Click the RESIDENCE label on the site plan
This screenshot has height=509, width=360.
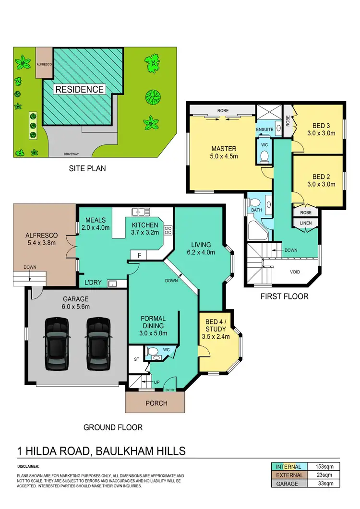coord(80,89)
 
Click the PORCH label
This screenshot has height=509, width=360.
coord(156,403)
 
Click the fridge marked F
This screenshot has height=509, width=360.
coord(139,255)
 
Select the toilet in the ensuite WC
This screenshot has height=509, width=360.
coord(264,155)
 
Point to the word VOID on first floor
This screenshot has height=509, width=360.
coord(295,272)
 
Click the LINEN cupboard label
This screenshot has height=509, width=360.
coord(305,223)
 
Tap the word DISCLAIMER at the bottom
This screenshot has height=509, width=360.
coord(28,466)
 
